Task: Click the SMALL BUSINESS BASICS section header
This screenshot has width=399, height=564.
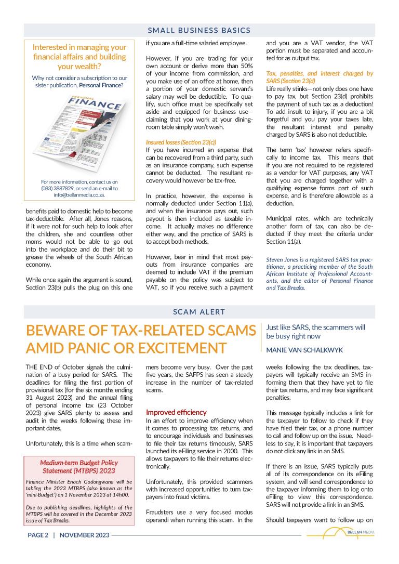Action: coord(199,30)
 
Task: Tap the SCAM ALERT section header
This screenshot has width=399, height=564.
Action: coord(199,312)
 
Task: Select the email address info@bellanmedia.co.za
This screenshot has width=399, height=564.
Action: coord(79,195)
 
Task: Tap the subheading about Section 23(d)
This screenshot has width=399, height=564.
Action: coord(319,77)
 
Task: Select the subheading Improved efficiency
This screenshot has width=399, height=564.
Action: coord(169,412)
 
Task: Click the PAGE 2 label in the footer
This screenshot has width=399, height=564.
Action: coord(38,535)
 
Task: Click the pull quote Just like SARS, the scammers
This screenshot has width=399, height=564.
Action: coord(315,332)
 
